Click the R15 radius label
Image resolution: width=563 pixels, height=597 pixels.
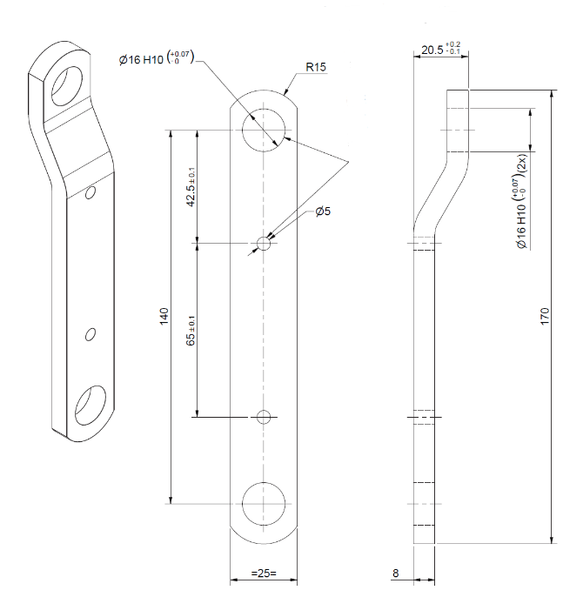(x=316, y=67)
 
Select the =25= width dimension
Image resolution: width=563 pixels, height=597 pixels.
(x=263, y=574)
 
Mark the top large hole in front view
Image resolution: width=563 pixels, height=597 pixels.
(x=264, y=131)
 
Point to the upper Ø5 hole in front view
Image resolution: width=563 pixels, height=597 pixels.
(x=264, y=243)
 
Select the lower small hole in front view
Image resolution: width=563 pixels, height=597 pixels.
(x=264, y=416)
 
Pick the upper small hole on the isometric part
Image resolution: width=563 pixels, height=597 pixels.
(x=90, y=193)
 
